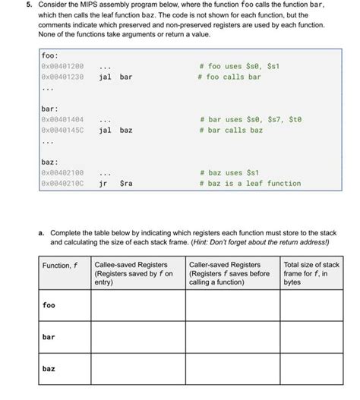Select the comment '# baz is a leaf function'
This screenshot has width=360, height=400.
[x=249, y=183]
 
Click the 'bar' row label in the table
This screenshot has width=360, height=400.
[x=49, y=337]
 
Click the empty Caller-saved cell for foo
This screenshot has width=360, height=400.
[x=232, y=305]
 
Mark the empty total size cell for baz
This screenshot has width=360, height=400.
[x=311, y=369]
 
